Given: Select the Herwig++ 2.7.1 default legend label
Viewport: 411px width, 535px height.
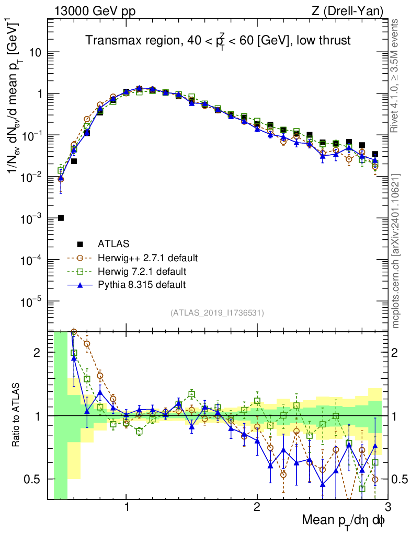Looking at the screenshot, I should (x=147, y=258).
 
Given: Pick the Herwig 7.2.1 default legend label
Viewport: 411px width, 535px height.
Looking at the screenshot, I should (x=142, y=272).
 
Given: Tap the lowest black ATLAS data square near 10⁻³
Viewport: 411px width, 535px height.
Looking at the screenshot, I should (x=61, y=218).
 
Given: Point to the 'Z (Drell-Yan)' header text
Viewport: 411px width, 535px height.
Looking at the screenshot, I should (x=353, y=10).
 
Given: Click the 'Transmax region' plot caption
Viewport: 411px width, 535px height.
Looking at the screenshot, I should (x=218, y=40).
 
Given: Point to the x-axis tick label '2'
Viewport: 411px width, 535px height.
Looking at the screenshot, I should (x=257, y=508).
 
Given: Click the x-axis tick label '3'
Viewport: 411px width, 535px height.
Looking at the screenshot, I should (x=387, y=508).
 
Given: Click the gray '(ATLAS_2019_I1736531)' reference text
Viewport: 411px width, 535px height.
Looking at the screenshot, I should (x=217, y=313).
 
